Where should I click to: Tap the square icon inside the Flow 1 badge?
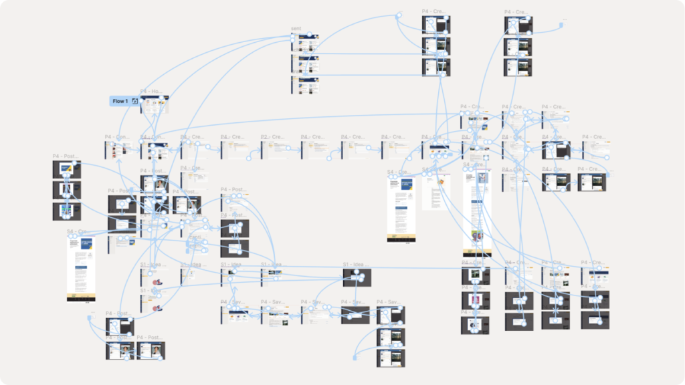(x=134, y=101)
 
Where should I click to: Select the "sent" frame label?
(x=296, y=29)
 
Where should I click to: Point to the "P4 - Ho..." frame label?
(x=151, y=91)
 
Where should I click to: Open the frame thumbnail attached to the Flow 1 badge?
(x=155, y=104)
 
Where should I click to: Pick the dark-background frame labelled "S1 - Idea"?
(x=357, y=277)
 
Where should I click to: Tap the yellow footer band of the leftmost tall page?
(x=81, y=296)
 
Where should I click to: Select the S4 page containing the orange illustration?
(x=437, y=192)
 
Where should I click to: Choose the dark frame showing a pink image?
(x=475, y=300)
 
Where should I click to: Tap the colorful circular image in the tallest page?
(x=477, y=236)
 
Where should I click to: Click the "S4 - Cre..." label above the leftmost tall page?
(x=77, y=232)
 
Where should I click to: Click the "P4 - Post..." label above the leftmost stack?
(x=66, y=156)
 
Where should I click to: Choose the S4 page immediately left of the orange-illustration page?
(x=401, y=209)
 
